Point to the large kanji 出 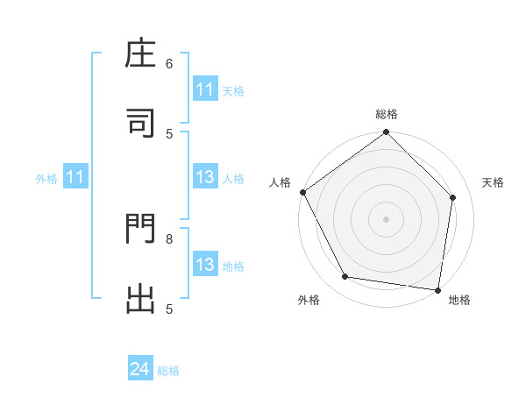(140, 298)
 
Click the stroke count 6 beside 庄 (169, 64)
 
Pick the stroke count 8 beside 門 (169, 238)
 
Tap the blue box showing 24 (140, 370)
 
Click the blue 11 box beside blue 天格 (205, 89)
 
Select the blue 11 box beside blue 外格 (75, 178)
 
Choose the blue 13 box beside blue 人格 (205, 178)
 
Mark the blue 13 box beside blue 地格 (205, 265)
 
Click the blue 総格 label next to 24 (168, 371)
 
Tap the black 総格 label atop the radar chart (387, 114)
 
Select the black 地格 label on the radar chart (459, 300)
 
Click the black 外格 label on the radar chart (309, 300)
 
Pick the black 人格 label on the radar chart (281, 182)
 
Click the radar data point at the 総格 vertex (387, 133)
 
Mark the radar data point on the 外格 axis (345, 277)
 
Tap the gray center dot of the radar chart (387, 218)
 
